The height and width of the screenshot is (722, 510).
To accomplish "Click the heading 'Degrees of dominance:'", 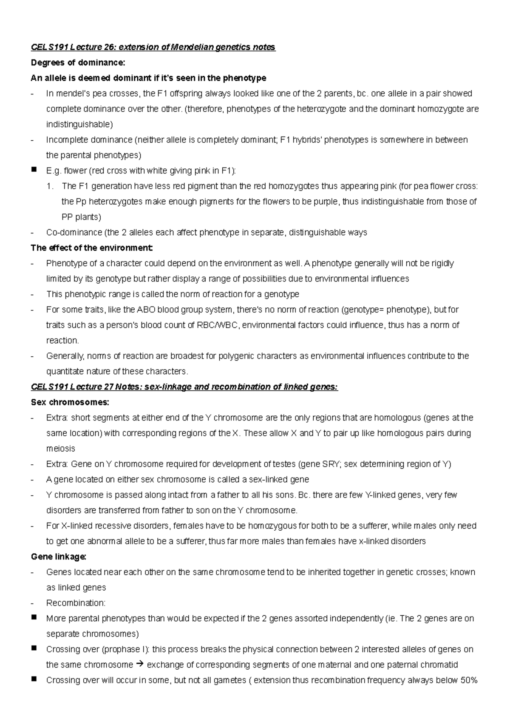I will tap(78, 63).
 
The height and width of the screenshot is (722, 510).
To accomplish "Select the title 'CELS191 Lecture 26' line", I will tap(153, 47).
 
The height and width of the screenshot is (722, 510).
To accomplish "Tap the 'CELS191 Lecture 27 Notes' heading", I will tap(184, 387).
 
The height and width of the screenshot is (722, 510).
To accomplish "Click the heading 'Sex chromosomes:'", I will tap(70, 402).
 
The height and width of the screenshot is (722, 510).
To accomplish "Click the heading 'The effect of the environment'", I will tap(91, 248).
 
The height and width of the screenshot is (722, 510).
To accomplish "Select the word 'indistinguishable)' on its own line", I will tap(79, 125).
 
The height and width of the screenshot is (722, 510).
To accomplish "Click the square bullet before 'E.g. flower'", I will tap(34, 170).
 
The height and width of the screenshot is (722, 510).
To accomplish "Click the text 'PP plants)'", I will tap(81, 217).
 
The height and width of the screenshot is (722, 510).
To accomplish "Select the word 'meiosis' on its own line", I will tap(60, 449).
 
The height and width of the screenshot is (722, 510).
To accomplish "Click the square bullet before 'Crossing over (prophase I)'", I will tap(34, 649).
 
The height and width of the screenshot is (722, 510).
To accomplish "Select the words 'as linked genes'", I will tap(76, 588).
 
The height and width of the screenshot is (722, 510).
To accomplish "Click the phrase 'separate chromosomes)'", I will tap(92, 634).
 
